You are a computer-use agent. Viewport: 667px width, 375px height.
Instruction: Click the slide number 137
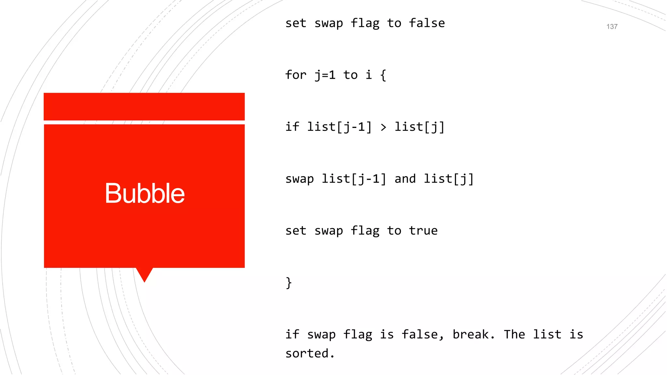[x=612, y=27]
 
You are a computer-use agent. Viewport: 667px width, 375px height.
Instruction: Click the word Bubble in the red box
[x=145, y=193]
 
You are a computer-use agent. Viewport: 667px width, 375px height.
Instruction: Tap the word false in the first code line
[x=427, y=23]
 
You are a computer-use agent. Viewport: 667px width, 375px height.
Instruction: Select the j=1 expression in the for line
[x=325, y=75]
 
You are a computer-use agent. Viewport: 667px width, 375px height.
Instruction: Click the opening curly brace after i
[x=383, y=75]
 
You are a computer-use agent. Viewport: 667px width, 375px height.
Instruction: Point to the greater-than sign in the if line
[x=383, y=127]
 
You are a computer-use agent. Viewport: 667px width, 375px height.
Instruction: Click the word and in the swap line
[x=405, y=179]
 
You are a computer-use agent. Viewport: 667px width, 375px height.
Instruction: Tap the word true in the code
[x=423, y=231]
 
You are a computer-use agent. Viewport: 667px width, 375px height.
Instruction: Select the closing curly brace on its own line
[x=289, y=283]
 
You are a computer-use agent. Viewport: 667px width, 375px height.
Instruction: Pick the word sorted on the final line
[x=307, y=354]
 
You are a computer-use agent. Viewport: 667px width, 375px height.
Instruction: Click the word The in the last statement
[x=514, y=334]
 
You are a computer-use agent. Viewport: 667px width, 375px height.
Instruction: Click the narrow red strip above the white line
[x=144, y=106]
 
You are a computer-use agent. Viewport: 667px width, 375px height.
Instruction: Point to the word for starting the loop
[x=296, y=75]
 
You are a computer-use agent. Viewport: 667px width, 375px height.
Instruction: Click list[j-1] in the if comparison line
[x=339, y=127]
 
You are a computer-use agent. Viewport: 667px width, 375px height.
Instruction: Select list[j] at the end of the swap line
[x=448, y=179]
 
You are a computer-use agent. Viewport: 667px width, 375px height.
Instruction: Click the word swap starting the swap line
[x=299, y=179]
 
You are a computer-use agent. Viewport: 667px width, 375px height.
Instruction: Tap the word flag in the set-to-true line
[x=365, y=231]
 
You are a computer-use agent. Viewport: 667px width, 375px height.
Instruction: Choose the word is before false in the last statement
[x=387, y=334]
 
